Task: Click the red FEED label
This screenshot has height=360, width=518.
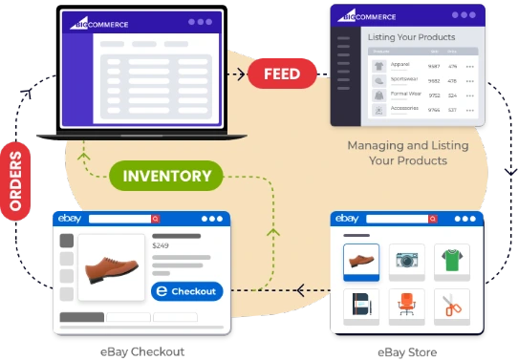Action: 282,74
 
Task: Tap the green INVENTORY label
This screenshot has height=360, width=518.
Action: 166,176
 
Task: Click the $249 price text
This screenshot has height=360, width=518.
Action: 161,245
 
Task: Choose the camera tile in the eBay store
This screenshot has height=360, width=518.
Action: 407,260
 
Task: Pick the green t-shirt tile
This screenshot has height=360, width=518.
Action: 452,260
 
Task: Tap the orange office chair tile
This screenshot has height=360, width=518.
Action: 407,305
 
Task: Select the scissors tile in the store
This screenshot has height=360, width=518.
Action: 452,305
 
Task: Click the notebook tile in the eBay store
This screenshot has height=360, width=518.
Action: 361,305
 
